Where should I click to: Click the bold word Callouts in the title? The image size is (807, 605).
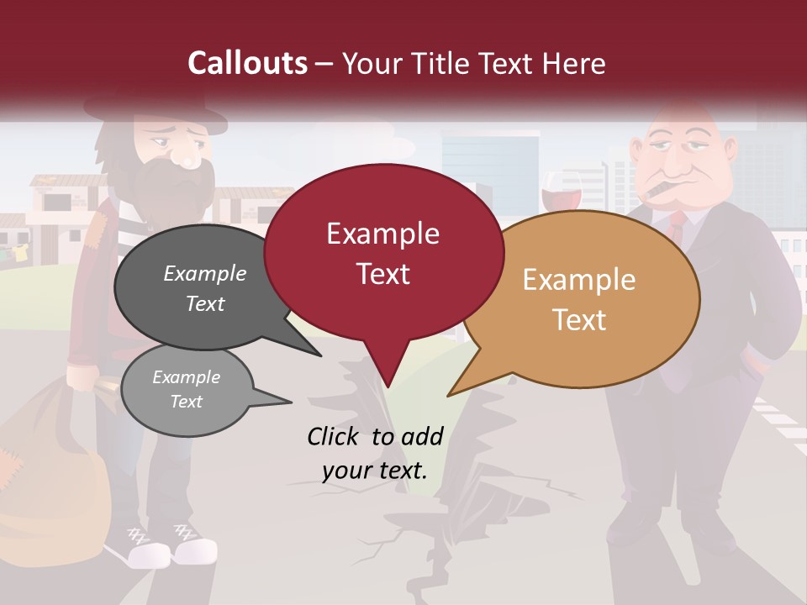pyautogui.click(x=247, y=63)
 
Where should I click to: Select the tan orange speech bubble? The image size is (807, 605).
pyautogui.click(x=580, y=299)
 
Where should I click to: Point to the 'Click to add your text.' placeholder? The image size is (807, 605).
pyautogui.click(x=375, y=454)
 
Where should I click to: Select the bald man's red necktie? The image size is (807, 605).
pyautogui.click(x=677, y=225)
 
